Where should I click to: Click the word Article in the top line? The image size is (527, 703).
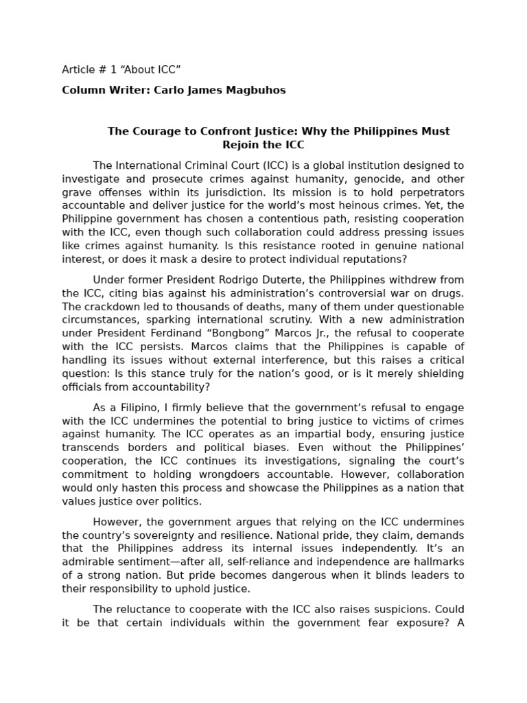coord(78,69)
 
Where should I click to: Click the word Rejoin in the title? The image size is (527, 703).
coord(241,145)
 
